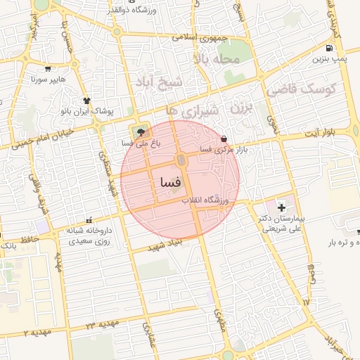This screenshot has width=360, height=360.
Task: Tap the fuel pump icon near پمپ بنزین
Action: point(330,49)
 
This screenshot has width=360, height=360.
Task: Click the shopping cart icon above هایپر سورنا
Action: point(48,69)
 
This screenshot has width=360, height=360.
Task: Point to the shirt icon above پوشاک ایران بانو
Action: point(87,101)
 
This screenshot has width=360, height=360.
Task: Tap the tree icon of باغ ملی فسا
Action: point(142,131)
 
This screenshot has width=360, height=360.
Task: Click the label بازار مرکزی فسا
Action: point(216,149)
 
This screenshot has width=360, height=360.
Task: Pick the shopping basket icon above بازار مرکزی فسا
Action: point(224,138)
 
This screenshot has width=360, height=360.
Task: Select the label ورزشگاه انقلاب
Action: point(206,200)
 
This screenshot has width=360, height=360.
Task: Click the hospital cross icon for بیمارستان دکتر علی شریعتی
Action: point(282,207)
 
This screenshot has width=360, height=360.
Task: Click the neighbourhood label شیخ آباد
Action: point(160,82)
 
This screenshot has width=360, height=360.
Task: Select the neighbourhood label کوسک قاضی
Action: point(302,90)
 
